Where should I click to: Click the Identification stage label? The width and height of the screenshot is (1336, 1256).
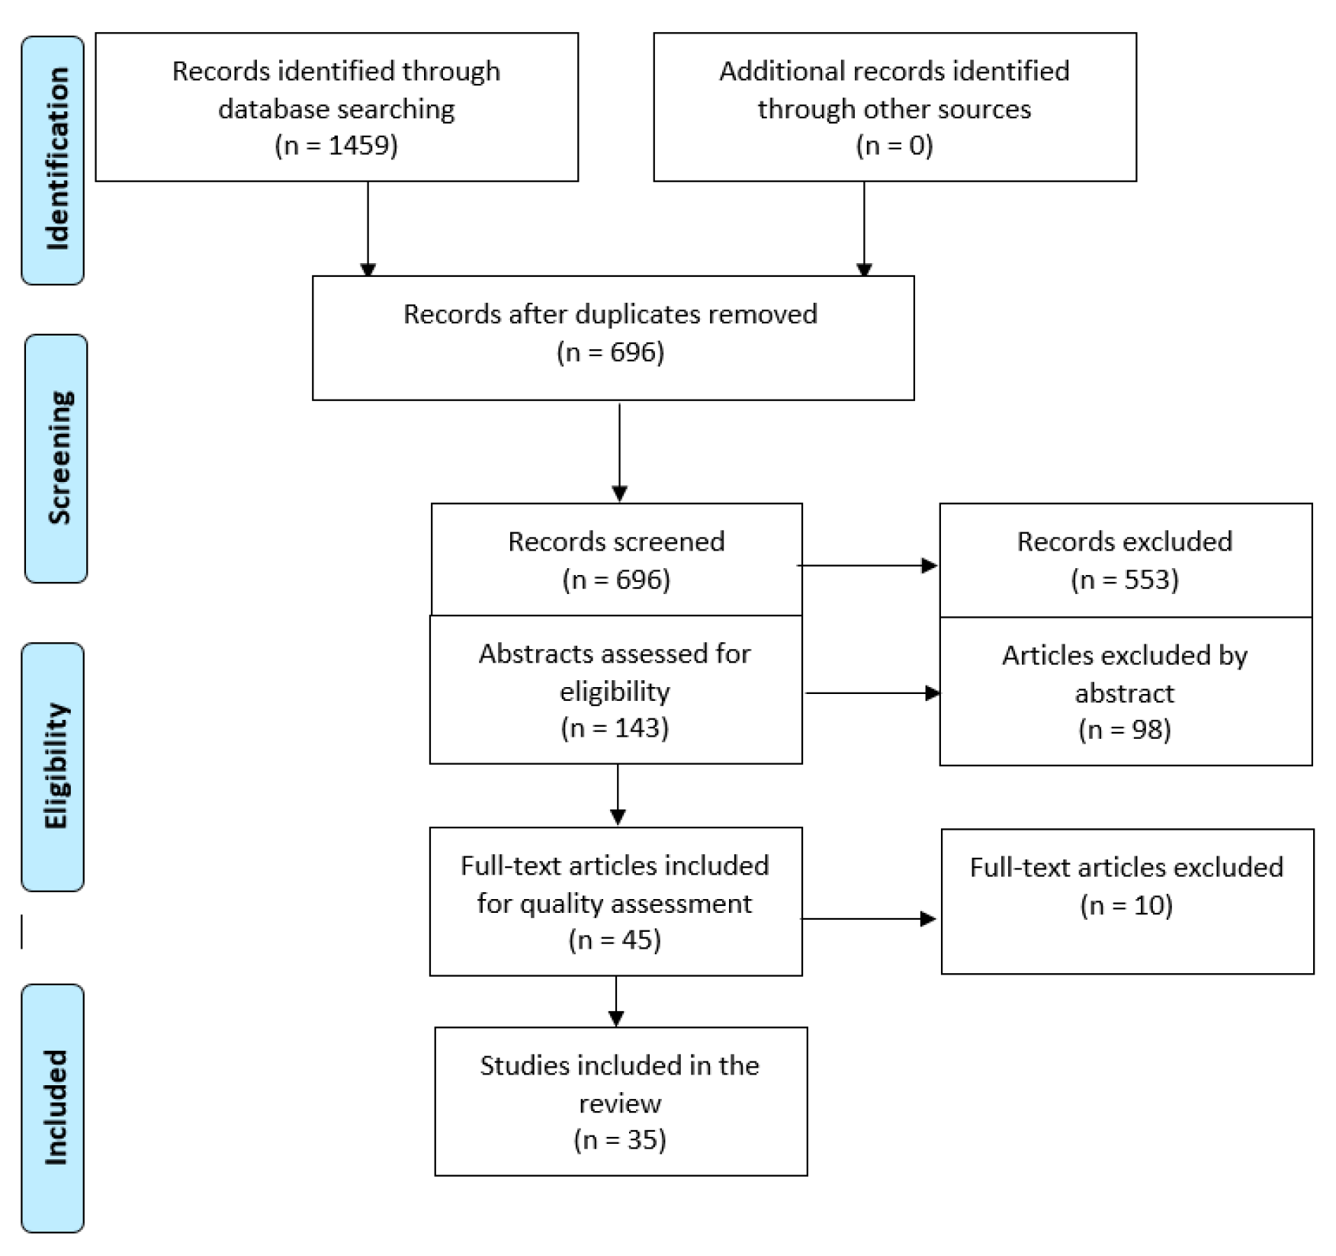coord(53,160)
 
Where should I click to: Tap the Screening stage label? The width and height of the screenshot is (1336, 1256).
coord(57,458)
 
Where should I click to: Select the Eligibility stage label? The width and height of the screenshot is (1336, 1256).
coord(53,766)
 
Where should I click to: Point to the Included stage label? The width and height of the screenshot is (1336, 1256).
coord(53,1107)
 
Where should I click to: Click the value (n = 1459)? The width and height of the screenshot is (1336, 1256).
coord(336,145)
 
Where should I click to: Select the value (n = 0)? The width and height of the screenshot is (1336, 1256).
coord(894,145)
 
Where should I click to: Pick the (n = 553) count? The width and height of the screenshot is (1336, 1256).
coord(1125,580)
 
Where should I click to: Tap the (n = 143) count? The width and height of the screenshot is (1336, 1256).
coord(615,728)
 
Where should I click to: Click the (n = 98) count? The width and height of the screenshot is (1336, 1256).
coord(1125,730)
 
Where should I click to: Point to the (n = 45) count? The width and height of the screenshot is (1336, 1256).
coord(615,940)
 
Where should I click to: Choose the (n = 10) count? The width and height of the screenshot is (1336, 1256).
coord(1126,905)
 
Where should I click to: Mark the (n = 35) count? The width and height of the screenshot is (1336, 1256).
coord(619,1139)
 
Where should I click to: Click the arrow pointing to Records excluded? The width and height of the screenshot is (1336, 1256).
coord(868,566)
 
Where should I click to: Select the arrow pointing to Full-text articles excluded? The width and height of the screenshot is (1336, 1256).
coord(868,919)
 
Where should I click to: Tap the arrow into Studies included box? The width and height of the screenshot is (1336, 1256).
coord(616,1001)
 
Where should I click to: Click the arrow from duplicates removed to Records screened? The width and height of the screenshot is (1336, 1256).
coord(619,451)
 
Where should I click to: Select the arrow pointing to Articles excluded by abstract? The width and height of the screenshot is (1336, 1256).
coord(872,693)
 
